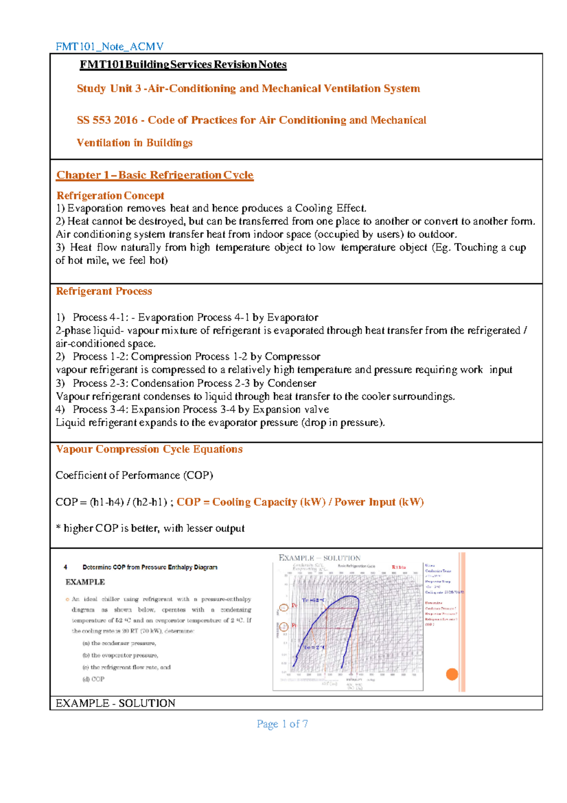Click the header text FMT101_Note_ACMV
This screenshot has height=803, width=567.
110,46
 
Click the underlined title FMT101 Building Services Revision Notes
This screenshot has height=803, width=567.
183,65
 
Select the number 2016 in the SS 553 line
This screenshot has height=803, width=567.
126,120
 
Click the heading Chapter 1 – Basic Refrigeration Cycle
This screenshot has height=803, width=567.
155,175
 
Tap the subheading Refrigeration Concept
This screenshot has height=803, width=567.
110,196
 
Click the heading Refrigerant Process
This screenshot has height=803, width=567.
104,291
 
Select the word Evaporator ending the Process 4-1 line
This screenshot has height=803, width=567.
292,317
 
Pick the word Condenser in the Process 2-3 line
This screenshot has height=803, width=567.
292,383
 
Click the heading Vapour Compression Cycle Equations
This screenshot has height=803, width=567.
149,449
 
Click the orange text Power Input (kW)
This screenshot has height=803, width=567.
379,502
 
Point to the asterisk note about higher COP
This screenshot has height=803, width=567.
150,528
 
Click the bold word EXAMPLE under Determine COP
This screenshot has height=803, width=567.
85,582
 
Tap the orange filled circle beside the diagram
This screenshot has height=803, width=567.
452,674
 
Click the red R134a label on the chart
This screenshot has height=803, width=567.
398,567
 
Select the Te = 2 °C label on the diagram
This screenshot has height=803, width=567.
314,647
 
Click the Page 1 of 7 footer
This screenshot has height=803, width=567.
282,724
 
